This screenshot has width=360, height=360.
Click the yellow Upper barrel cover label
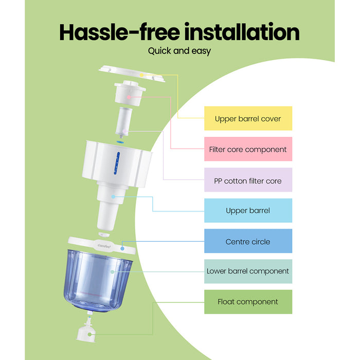click(248, 119)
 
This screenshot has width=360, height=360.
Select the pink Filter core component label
click(248, 149)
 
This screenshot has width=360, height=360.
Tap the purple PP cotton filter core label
click(248, 181)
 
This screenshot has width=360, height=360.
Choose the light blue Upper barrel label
click(248, 210)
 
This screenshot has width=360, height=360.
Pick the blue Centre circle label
click(248, 241)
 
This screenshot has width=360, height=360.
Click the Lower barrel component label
click(248, 271)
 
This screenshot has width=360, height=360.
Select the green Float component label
click(248, 302)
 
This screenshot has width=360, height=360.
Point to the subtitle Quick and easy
click(179, 51)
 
